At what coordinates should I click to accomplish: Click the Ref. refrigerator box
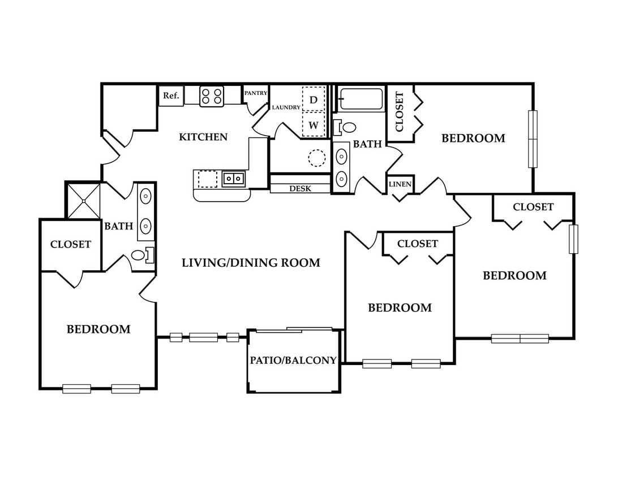[171, 96]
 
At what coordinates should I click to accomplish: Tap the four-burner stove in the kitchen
[212, 96]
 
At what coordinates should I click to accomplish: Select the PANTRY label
[256, 93]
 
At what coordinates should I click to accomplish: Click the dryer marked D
[314, 99]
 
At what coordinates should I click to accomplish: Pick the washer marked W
[314, 125]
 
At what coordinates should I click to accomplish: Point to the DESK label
[301, 189]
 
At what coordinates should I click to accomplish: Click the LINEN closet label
[400, 184]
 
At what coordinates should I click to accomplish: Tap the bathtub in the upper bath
[362, 98]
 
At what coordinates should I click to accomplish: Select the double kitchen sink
[233, 179]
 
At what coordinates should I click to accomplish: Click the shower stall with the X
[84, 201]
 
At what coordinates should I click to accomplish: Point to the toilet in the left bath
[143, 255]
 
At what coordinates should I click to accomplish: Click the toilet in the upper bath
[345, 127]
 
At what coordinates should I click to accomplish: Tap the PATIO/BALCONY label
[293, 360]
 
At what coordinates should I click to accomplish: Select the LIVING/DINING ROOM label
[251, 262]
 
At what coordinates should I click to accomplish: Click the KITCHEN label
[203, 137]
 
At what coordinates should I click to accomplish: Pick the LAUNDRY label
[286, 107]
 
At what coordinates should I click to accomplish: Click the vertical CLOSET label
[399, 112]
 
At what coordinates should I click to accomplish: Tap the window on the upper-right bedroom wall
[533, 139]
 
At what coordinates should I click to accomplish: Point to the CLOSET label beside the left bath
[71, 244]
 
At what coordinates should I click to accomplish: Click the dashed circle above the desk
[316, 158]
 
